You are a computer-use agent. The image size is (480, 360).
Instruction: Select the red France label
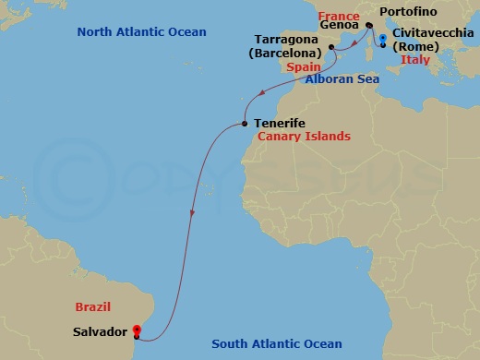pos(339,17)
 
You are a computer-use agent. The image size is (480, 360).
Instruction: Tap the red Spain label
pos(304,67)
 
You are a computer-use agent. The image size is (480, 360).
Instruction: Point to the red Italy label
pos(414,61)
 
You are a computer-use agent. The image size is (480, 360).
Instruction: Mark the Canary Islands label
pos(304,137)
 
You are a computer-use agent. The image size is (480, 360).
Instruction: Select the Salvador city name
pos(100,330)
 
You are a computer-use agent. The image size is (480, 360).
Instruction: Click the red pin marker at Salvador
pos(136,328)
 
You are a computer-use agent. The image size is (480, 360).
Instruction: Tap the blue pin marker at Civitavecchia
pos(382,39)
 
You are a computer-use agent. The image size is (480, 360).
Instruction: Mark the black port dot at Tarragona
pos(331,45)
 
